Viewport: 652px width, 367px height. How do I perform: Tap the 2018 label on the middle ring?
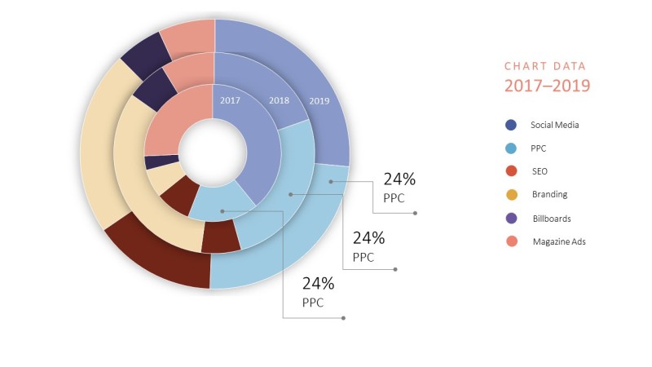tap(280, 100)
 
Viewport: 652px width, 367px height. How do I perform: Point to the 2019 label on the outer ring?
tap(319, 101)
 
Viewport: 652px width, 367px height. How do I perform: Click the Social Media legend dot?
tap(510, 125)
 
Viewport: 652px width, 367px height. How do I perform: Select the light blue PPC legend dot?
tap(510, 148)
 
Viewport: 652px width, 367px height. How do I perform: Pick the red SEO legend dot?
tap(510, 171)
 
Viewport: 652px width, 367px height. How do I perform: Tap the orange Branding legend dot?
tap(510, 195)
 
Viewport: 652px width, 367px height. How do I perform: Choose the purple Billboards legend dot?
tap(510, 219)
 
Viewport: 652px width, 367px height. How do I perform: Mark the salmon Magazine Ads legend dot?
tap(510, 241)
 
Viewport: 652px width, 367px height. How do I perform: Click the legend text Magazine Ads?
tap(559, 242)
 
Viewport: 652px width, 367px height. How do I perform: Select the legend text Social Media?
tap(554, 126)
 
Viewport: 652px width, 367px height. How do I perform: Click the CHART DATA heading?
tap(544, 66)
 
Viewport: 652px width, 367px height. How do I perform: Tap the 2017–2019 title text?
tap(547, 86)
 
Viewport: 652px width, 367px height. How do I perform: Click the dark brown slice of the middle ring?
tap(219, 237)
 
